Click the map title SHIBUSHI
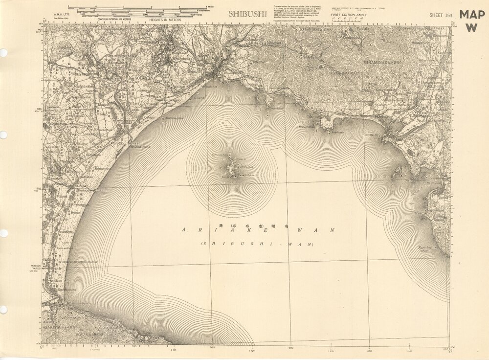(x=247, y=14)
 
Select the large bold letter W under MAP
(x=471, y=27)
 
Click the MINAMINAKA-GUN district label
(x=382, y=63)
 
